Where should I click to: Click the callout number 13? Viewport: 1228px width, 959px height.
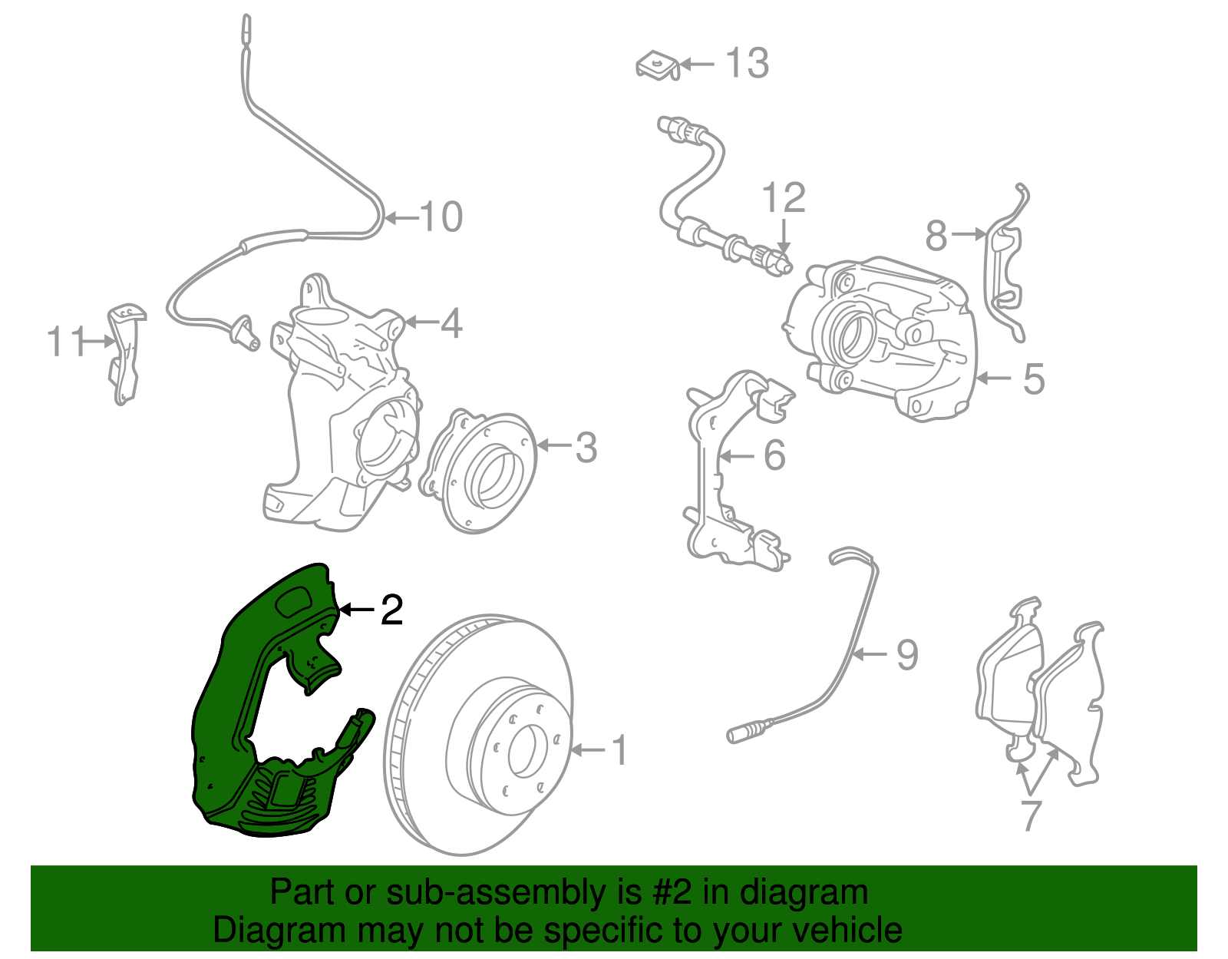747,63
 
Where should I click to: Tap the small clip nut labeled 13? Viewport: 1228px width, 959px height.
657,67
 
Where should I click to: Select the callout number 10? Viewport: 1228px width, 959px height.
441,217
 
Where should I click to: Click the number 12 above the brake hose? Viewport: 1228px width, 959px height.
784,197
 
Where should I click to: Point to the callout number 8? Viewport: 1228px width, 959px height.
936,235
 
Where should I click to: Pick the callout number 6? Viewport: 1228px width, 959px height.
774,455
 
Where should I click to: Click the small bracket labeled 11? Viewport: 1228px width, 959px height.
126,352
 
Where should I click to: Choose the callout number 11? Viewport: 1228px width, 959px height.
65,342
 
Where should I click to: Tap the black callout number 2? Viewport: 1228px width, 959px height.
391,610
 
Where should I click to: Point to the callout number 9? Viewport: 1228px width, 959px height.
907,654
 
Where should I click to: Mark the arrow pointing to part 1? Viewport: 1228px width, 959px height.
588,750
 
